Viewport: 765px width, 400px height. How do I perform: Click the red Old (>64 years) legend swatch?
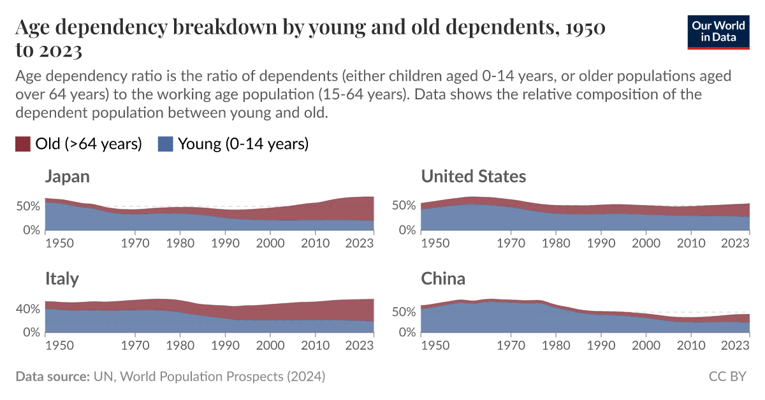pos(23,144)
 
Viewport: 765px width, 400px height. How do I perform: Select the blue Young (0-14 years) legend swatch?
pos(166,144)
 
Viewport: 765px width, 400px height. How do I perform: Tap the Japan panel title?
pos(67,176)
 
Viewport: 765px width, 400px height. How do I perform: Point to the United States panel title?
pos(473,176)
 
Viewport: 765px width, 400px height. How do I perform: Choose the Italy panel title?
pos(62,279)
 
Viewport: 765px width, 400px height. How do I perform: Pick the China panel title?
pos(443,279)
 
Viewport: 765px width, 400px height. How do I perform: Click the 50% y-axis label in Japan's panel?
pos(27,206)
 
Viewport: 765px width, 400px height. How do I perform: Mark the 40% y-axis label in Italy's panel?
pos(27,309)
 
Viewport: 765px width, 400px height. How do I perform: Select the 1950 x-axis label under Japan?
pos(59,243)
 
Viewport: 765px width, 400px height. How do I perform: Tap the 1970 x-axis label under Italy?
pos(135,345)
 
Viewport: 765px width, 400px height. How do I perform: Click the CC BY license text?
pos(727,376)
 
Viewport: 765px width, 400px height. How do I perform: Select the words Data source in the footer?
pos(52,376)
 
